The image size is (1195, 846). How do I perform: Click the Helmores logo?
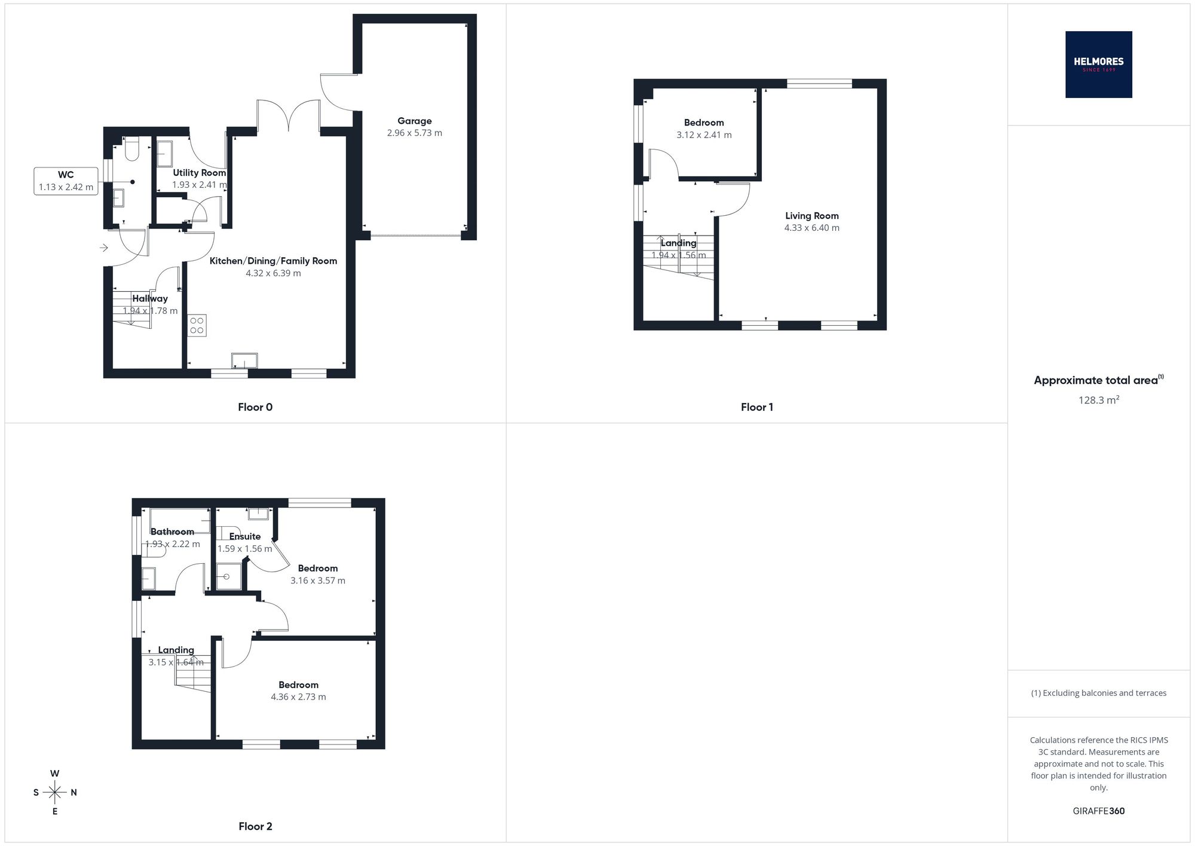tap(1098, 65)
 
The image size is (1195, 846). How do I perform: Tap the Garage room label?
tap(415, 121)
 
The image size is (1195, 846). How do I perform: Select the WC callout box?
tap(66, 181)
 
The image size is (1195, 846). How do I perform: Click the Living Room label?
tap(811, 216)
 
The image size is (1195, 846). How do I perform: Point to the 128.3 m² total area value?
tap(1098, 400)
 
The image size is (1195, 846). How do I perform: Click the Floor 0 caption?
tap(255, 407)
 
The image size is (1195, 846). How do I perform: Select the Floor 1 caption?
tap(757, 407)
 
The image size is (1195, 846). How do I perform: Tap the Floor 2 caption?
tap(255, 826)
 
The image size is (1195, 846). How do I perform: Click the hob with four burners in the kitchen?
tap(197, 325)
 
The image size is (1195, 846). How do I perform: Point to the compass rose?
tap(55, 793)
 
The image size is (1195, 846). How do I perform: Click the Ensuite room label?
tap(245, 536)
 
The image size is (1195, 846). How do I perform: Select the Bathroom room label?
tap(172, 532)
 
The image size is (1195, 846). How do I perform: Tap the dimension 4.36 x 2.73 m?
tap(298, 697)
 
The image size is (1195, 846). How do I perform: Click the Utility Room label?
tap(200, 173)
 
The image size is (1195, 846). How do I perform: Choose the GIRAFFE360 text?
tap(1098, 811)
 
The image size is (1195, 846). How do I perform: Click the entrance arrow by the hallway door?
tap(104, 248)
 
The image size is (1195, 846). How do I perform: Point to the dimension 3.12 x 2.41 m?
tap(704, 135)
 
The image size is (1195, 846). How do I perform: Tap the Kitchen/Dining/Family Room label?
tap(273, 261)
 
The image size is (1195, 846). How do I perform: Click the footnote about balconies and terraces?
tap(1098, 693)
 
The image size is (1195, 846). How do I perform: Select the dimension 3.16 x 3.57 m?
tap(318, 581)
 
